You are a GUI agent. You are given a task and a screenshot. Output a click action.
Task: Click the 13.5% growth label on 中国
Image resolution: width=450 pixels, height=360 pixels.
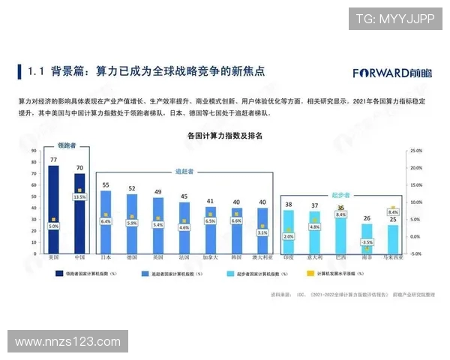tap(79, 196)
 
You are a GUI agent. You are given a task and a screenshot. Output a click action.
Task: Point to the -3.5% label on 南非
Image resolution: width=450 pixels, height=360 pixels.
tap(367, 242)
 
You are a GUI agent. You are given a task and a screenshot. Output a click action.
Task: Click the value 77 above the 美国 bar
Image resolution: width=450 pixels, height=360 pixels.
tap(53, 160)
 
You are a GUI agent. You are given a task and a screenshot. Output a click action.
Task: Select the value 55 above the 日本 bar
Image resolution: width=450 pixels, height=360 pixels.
tap(106, 184)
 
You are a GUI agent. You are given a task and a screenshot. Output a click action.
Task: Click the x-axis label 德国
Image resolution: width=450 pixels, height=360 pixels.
tap(132, 257)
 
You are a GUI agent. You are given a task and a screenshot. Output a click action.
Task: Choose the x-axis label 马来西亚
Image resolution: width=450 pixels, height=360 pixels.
tap(393, 257)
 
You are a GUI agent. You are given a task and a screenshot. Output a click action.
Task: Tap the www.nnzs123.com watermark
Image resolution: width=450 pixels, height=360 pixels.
tap(67, 341)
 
